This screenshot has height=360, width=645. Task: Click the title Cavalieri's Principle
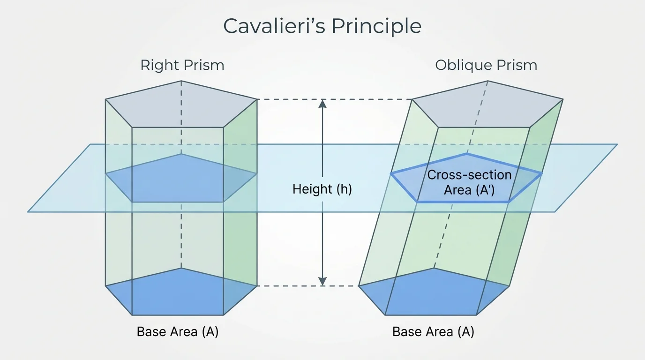(x=322, y=26)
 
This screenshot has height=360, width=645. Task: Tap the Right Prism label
(x=182, y=65)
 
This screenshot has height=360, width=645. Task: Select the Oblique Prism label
(x=486, y=65)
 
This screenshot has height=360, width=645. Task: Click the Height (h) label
(x=322, y=189)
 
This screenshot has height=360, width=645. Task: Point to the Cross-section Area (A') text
(x=469, y=182)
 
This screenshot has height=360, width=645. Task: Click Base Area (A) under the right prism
(x=178, y=332)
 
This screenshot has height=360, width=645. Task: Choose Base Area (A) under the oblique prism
(x=433, y=332)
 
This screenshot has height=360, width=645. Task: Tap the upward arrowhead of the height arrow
(x=322, y=104)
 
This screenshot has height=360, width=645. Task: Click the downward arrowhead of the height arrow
(x=322, y=281)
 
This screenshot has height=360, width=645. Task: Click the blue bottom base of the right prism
(x=181, y=293)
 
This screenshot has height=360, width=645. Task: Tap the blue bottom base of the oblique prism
(x=434, y=293)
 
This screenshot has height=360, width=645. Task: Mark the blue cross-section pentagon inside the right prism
(x=181, y=180)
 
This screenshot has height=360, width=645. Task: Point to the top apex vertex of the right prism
(x=181, y=81)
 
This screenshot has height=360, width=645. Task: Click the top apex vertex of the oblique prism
(x=488, y=81)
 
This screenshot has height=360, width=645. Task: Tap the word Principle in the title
(x=376, y=26)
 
